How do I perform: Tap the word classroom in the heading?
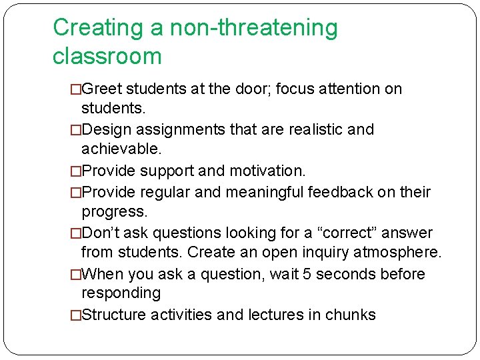coord(107,56)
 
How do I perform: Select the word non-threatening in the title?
coord(253,28)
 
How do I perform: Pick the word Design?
coord(105,129)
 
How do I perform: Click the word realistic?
coord(312,129)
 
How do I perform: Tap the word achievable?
coord(122,147)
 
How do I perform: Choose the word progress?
coord(113,211)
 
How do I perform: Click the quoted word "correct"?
coord(346,233)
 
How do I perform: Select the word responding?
coord(121,293)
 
